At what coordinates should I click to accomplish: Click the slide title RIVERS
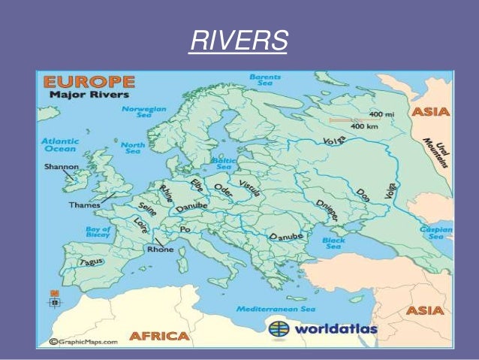(x=239, y=41)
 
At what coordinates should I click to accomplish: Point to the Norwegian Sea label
(x=143, y=112)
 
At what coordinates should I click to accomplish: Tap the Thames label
(x=83, y=204)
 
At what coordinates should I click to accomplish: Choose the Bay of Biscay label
(x=98, y=231)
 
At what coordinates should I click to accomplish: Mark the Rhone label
(x=160, y=249)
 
